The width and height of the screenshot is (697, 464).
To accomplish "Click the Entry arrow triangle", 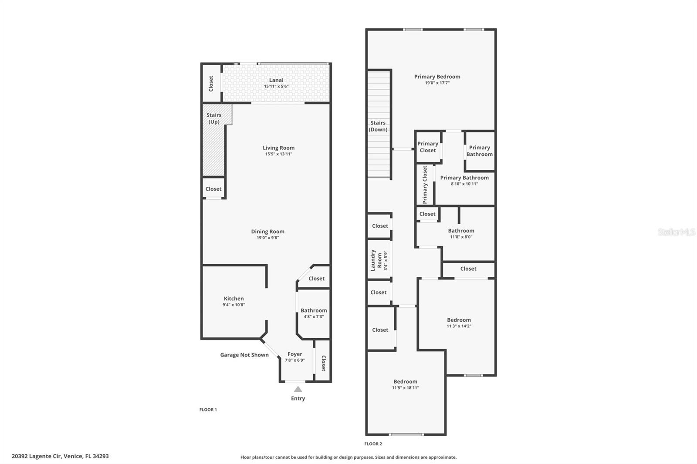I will coord(298,389).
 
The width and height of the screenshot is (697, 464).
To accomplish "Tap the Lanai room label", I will coord(276,80).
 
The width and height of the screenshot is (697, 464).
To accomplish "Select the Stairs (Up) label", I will coord(214,118).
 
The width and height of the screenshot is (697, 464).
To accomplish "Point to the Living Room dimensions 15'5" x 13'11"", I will coord(278,154).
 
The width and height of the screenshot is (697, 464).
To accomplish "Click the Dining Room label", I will coord(267,232).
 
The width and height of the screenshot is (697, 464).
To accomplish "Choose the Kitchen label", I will coord(234,299).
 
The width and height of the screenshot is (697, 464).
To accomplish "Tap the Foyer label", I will coord(295,354).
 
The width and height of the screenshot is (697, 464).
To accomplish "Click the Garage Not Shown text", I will coord(244,355).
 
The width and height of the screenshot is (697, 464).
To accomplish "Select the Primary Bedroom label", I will coord(437,77).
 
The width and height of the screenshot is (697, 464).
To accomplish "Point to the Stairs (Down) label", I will coord(378,126).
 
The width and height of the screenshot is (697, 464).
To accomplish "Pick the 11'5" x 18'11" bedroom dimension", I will coord(405,388).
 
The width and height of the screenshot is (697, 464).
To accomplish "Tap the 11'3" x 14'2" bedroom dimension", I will coord(459,326).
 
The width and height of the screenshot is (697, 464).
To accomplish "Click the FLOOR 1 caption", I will coord(208,410).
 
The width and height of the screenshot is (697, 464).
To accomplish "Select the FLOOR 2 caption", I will coord(373,444).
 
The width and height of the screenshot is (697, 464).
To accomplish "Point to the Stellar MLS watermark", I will coord(676,232).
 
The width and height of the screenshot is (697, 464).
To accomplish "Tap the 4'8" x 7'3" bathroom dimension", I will coord(314,316).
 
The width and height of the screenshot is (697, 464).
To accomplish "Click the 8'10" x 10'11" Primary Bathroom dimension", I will coord(464,184).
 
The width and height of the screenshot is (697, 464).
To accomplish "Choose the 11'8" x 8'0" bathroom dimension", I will coord(461,237).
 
